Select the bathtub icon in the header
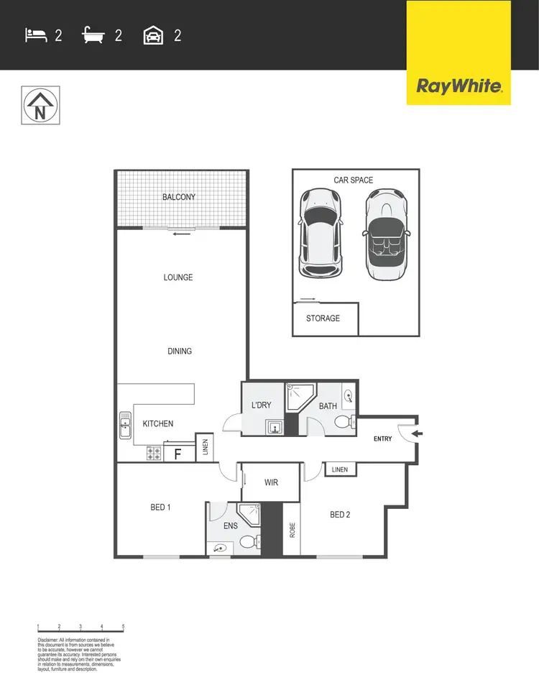point(95,35)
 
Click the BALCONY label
point(179,197)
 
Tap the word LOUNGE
point(178,277)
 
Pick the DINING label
point(180,351)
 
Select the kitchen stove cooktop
point(154,454)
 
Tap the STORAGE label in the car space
point(323,318)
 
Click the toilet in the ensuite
point(248,541)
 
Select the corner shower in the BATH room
point(298,397)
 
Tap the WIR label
point(271,482)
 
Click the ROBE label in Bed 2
point(292,529)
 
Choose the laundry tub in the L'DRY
point(273,428)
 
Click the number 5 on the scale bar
point(124,627)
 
